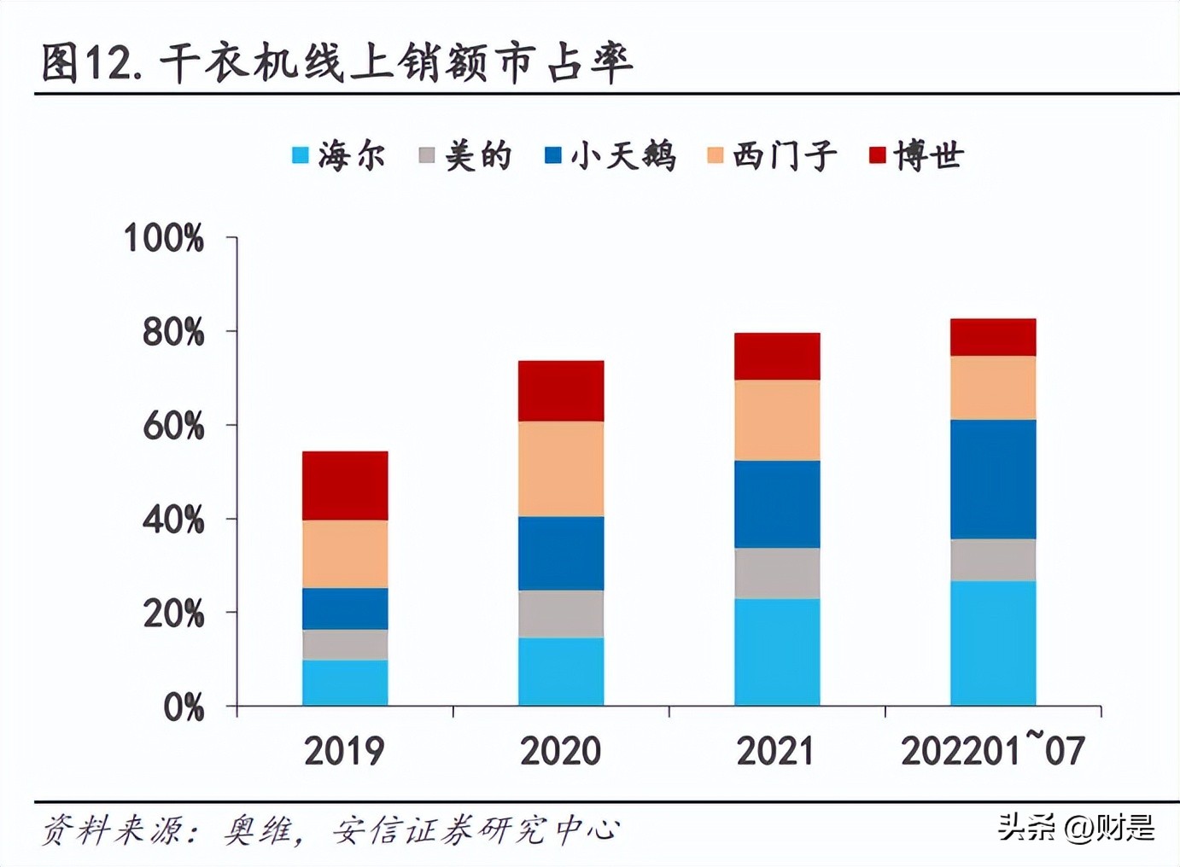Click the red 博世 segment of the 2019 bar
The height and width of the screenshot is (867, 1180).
point(345,486)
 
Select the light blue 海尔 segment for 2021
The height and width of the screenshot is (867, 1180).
point(777,652)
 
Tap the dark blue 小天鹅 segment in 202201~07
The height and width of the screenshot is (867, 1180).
point(993,479)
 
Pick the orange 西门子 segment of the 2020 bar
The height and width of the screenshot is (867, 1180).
point(561,468)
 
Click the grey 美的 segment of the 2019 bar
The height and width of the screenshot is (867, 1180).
point(345,644)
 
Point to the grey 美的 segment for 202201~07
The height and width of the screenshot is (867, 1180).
point(993,560)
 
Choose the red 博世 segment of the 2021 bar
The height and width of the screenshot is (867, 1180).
point(777,356)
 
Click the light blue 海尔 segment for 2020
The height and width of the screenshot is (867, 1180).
point(561,672)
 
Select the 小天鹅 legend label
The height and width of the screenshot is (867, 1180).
point(622,155)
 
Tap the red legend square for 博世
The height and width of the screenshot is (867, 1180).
point(877,155)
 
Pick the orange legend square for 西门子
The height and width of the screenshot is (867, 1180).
point(715,155)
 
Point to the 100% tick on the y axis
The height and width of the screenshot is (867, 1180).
point(164,238)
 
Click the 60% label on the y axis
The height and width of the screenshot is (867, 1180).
point(173,426)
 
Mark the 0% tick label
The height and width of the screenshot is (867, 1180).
point(184,707)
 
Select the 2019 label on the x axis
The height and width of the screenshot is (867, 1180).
point(344,751)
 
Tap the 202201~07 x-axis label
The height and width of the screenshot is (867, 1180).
point(992,751)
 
